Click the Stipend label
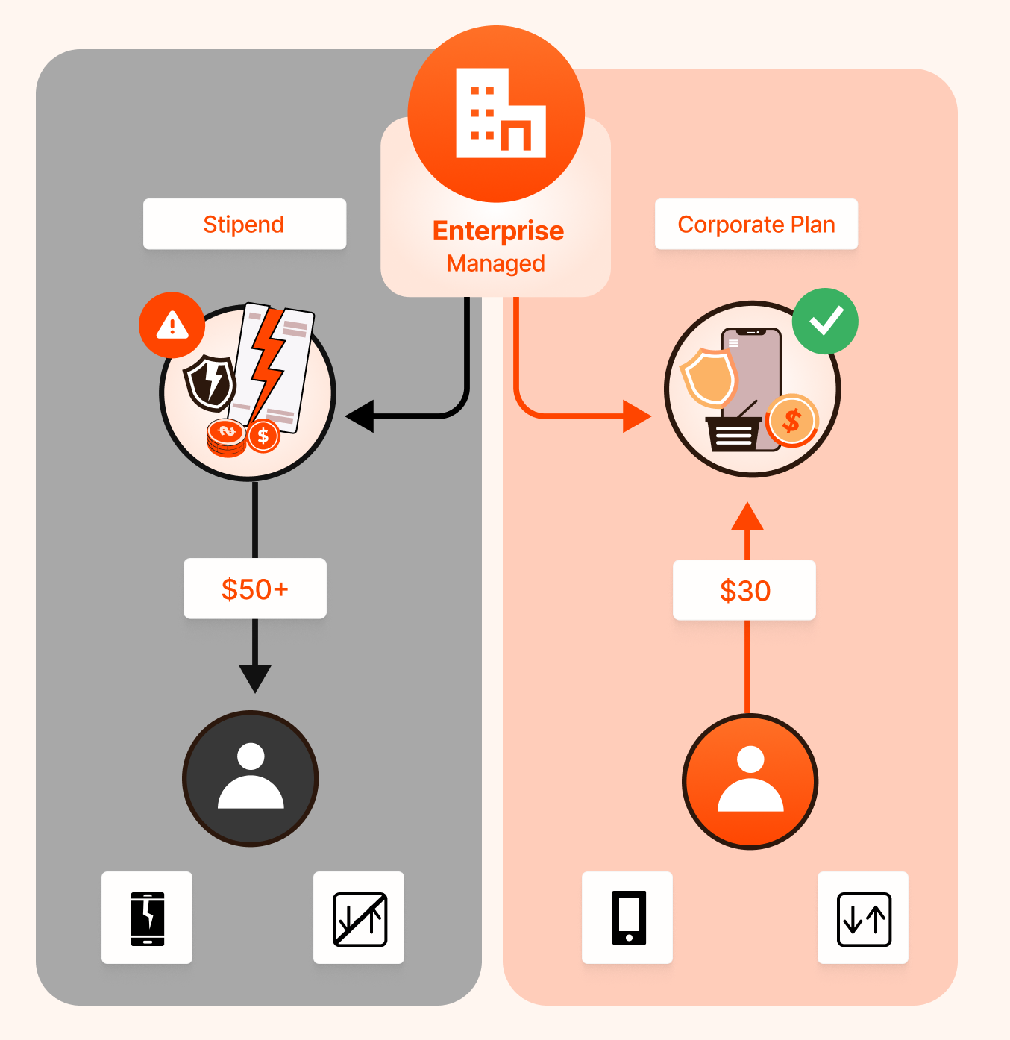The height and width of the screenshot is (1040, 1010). (244, 224)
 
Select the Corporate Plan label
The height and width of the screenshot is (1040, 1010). (756, 224)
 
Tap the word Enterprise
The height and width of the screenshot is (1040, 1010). (498, 231)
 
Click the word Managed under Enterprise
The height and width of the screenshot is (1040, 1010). (495, 263)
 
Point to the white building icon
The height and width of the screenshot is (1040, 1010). (500, 113)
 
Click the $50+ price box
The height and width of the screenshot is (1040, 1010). (254, 589)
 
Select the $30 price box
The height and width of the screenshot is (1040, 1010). (744, 590)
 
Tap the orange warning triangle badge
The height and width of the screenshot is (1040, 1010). (172, 325)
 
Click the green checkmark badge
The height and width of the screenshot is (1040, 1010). (825, 322)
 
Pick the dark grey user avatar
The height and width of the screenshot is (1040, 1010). (251, 778)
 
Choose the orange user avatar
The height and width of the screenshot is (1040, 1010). (750, 781)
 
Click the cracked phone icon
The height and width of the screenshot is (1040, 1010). (147, 918)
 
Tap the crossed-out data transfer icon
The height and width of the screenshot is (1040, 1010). (359, 918)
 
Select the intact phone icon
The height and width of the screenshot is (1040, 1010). (628, 918)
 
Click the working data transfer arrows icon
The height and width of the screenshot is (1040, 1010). (863, 918)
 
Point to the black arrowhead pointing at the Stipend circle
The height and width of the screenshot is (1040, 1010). (361, 416)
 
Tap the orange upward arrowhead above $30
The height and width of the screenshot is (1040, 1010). (747, 517)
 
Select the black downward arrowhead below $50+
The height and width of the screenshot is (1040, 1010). (255, 677)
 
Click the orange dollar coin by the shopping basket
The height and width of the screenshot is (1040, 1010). (791, 421)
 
